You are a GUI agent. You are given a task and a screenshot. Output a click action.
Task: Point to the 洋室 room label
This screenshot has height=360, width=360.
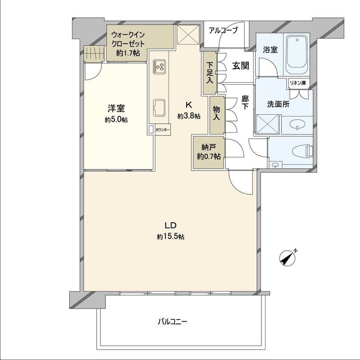(116, 109)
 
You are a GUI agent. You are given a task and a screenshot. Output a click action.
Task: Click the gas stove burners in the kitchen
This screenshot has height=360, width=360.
(159, 67)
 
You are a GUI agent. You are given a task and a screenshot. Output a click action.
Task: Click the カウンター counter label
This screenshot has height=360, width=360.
(162, 130)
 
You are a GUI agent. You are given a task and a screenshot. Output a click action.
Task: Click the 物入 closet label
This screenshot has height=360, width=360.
(216, 113)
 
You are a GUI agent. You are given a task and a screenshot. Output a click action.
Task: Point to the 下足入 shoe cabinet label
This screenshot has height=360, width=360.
(209, 72)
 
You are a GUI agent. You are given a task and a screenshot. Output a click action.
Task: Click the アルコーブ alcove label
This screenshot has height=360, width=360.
(222, 31)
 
